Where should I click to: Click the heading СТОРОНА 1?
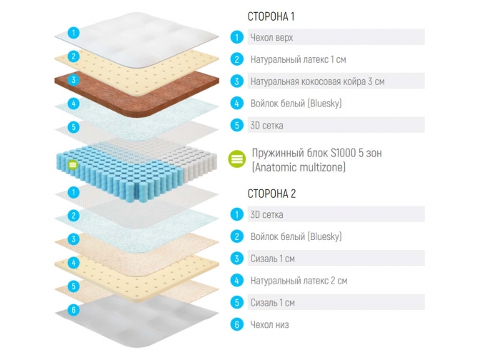pos(271,16)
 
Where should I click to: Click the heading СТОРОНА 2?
pos(271,194)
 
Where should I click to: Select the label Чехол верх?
pos(271,37)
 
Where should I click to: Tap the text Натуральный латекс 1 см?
pos(299,59)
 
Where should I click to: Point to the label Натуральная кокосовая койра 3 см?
pos(317,81)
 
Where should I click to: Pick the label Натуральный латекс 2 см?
pos(299,281)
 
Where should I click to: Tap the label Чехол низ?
pos(269,324)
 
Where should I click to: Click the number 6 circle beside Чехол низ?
pos(236,324)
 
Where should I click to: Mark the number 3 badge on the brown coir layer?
pos(73,80)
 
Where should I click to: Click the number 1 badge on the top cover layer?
pos(73,32)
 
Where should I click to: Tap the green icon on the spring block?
pos(72,166)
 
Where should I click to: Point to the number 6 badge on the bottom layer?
pos(73,310)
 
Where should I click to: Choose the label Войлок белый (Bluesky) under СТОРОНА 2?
pos(296,236)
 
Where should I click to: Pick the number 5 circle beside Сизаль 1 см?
pos(236,302)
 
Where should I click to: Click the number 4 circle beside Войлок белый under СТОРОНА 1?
pos(236,104)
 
